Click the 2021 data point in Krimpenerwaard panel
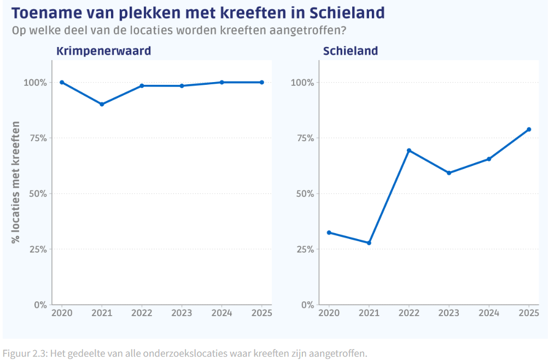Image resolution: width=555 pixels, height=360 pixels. [102, 104]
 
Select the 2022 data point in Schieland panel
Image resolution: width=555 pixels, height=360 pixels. [409, 150]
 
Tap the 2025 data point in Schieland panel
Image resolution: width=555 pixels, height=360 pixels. [529, 129]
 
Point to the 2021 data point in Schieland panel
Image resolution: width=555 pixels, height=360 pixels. [369, 243]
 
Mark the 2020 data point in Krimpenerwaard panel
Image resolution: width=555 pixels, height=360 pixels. [62, 82]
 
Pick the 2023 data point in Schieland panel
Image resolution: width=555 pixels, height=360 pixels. [449, 173]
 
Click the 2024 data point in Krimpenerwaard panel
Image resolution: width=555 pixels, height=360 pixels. [221, 82]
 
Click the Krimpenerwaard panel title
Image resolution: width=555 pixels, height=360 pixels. [103, 51]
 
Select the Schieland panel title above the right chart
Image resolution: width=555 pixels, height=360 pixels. [350, 51]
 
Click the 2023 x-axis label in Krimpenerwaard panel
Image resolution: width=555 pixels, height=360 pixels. [182, 313]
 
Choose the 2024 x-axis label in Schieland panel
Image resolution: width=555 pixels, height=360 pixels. [489, 313]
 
